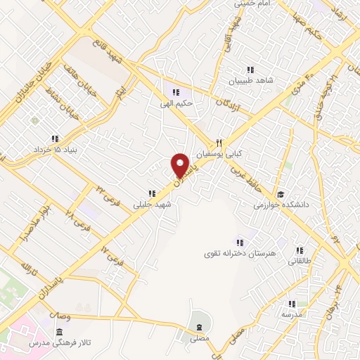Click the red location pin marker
click(181, 165)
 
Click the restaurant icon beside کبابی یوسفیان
click(219, 141)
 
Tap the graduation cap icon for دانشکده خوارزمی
click(280, 195)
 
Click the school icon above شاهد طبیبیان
click(249, 69)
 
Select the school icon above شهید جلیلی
click(151, 193)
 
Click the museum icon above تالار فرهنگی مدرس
click(58, 330)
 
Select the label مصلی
click(200, 337)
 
